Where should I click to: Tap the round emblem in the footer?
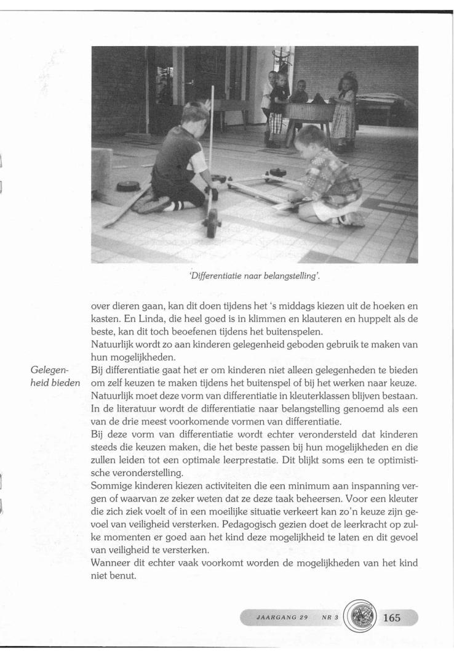click(356, 616)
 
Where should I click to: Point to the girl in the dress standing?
click(344, 111)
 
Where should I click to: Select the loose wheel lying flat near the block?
click(128, 185)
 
